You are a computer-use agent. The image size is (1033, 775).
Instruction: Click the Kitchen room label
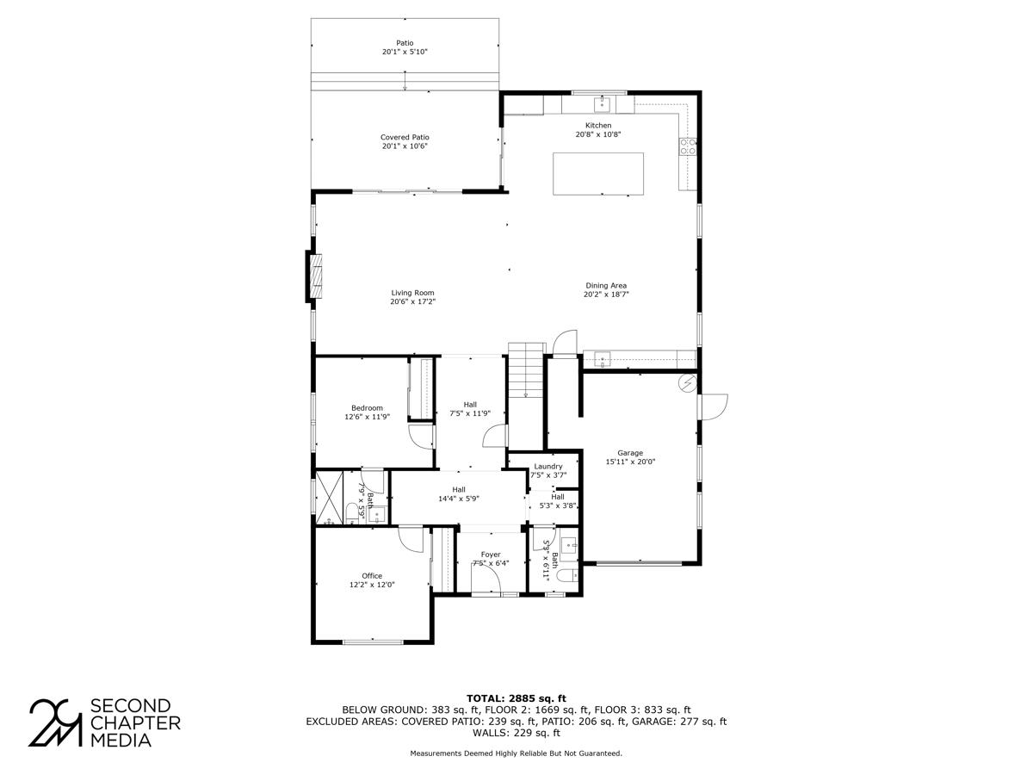597,126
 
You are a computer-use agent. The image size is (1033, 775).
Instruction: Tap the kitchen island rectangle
597,173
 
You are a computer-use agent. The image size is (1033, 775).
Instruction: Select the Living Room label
413,293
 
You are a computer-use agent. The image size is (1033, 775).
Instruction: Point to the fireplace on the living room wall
316,276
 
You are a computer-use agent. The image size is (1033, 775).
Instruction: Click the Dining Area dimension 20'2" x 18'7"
606,294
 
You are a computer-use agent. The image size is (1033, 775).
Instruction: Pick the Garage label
630,453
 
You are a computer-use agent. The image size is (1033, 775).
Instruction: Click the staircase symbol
526,369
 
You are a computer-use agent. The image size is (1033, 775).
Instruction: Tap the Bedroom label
367,408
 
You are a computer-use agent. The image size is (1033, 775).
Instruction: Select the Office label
372,576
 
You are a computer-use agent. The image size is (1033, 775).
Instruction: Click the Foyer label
491,555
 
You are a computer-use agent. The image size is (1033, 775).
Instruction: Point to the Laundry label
548,466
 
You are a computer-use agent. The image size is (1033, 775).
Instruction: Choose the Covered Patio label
405,138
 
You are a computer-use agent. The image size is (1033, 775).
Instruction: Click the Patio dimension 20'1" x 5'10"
405,53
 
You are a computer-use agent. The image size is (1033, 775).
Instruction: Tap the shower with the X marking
329,497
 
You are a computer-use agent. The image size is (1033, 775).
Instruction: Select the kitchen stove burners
688,146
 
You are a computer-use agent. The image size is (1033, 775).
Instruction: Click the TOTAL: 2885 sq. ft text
516,697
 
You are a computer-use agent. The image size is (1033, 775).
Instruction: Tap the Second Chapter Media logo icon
56,722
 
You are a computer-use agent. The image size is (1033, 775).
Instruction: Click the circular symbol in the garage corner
688,383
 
